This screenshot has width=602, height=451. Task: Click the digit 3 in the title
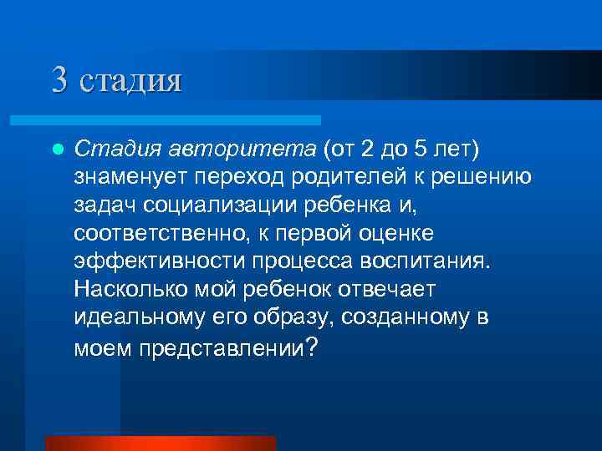pos(59,80)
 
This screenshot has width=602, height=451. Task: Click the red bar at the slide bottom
pos(161,443)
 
